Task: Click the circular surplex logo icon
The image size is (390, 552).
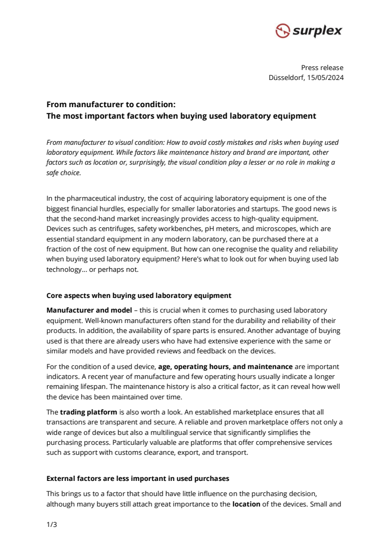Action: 283,31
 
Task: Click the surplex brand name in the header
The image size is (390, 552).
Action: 317,31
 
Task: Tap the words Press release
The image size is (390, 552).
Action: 322,67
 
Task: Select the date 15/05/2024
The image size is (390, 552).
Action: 326,78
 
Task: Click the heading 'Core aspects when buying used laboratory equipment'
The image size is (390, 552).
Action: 139,295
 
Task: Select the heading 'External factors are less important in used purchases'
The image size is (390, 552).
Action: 137,478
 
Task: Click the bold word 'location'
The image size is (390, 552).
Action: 246,504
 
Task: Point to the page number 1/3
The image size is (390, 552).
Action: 51,525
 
